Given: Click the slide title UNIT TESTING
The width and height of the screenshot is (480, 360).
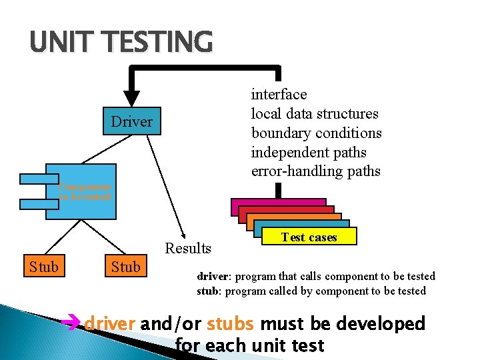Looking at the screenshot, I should tap(121, 42).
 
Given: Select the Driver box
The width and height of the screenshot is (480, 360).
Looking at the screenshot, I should tap(131, 122).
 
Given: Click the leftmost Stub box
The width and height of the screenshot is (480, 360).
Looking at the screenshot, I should tap(43, 267).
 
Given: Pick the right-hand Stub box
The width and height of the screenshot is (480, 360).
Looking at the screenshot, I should tap(125, 267).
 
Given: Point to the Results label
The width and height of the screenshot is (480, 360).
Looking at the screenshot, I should tap(188, 249).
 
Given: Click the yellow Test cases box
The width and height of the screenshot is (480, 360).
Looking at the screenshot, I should tap(309, 237).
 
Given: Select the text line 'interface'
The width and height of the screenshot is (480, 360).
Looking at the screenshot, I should tap(279, 95).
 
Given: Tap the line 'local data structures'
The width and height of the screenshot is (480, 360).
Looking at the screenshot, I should tap(314, 114).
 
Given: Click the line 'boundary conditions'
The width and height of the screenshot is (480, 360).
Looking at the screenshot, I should tap(316, 133).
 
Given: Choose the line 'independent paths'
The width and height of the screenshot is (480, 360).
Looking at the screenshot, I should tap(308, 153).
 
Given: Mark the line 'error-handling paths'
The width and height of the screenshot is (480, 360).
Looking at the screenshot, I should tap(315, 171).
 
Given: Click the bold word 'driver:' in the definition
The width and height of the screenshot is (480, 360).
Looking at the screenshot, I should tap(213, 276).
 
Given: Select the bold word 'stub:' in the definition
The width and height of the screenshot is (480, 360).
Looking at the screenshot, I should tap(209, 291).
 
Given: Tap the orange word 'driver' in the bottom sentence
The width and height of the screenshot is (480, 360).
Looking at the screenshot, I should tap(110, 324).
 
